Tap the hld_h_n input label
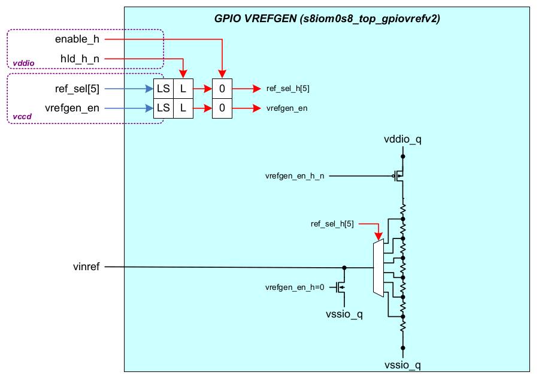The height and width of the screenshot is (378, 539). coord(80,58)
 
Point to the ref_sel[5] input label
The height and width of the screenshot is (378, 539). coord(77,89)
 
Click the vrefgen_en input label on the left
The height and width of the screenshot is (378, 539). coord(72,108)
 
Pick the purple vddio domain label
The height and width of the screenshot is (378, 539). coord(23,62)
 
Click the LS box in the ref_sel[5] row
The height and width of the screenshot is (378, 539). coord(163,89)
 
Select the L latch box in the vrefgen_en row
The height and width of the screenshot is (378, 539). coord(183,108)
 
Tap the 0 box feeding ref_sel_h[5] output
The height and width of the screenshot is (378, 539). coord(222,89)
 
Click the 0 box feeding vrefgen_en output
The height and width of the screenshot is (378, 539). coord(222,108)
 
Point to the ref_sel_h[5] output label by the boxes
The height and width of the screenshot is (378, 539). coord(288,89)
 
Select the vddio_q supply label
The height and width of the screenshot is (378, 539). coord(402,140)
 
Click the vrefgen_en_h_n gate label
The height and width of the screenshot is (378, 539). coord(295,176)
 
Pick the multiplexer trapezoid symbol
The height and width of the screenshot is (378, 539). coord(378,267)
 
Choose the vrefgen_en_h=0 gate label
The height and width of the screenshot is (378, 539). coord(295,288)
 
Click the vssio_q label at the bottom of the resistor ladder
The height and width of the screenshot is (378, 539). coord(402,364)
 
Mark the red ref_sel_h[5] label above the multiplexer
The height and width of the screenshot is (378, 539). coord(332,224)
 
